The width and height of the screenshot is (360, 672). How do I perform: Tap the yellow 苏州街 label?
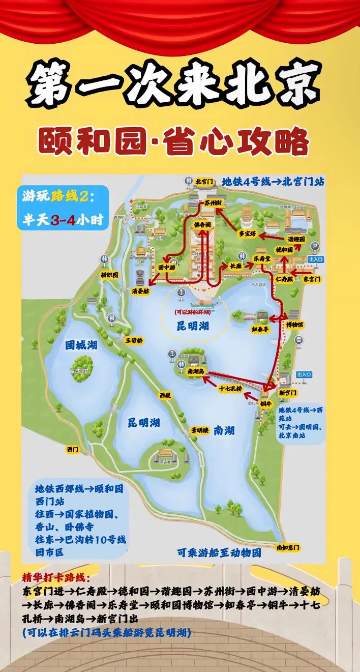tap(214, 203)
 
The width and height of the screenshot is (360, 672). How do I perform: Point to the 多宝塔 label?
tap(248, 234)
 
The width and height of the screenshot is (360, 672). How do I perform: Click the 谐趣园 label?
tap(296, 239)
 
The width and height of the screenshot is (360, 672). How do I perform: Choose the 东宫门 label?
tap(312, 279)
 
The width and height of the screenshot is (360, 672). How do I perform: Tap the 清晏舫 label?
tap(140, 291)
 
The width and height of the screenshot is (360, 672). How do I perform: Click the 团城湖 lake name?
tap(81, 345)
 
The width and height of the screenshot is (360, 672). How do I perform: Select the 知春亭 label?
tap(260, 329)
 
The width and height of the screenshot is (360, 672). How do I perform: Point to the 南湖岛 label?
tap(195, 372)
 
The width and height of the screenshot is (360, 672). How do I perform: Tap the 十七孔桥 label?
tap(230, 389)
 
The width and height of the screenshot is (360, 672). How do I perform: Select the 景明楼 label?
tap(200, 430)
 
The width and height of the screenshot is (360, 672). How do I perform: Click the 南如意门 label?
tap(288, 547)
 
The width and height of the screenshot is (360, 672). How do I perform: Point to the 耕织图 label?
tap(109, 275)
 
